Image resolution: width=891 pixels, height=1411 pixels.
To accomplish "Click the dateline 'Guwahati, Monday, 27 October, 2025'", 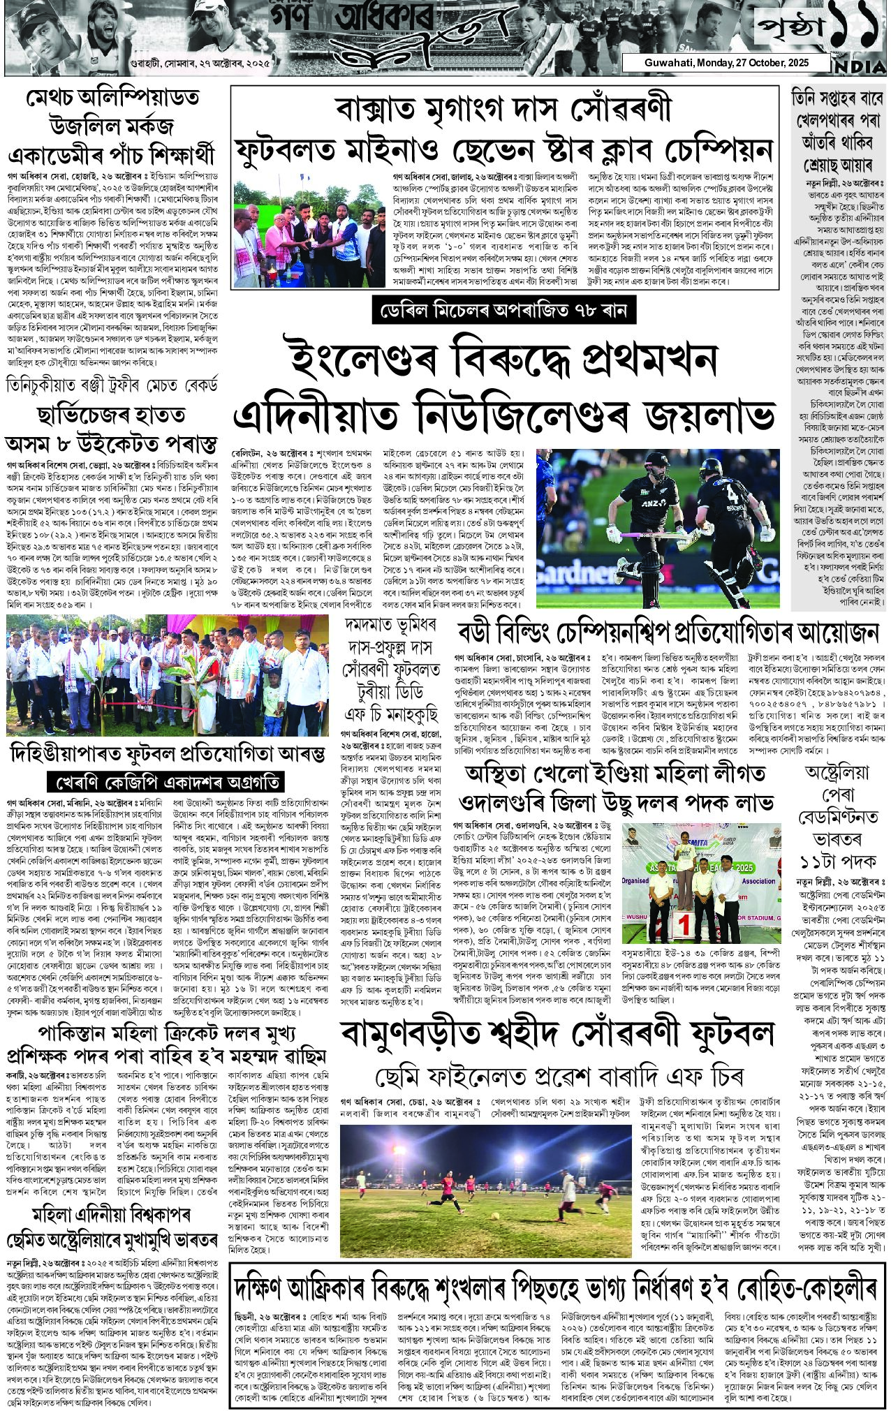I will pyautogui.click(x=726, y=63).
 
